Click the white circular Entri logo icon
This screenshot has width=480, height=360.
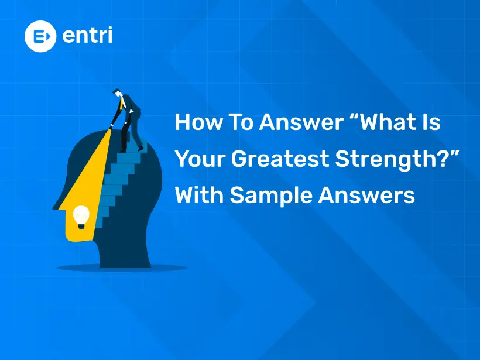40,36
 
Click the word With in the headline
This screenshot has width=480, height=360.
200,196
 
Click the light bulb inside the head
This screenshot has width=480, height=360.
80,217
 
